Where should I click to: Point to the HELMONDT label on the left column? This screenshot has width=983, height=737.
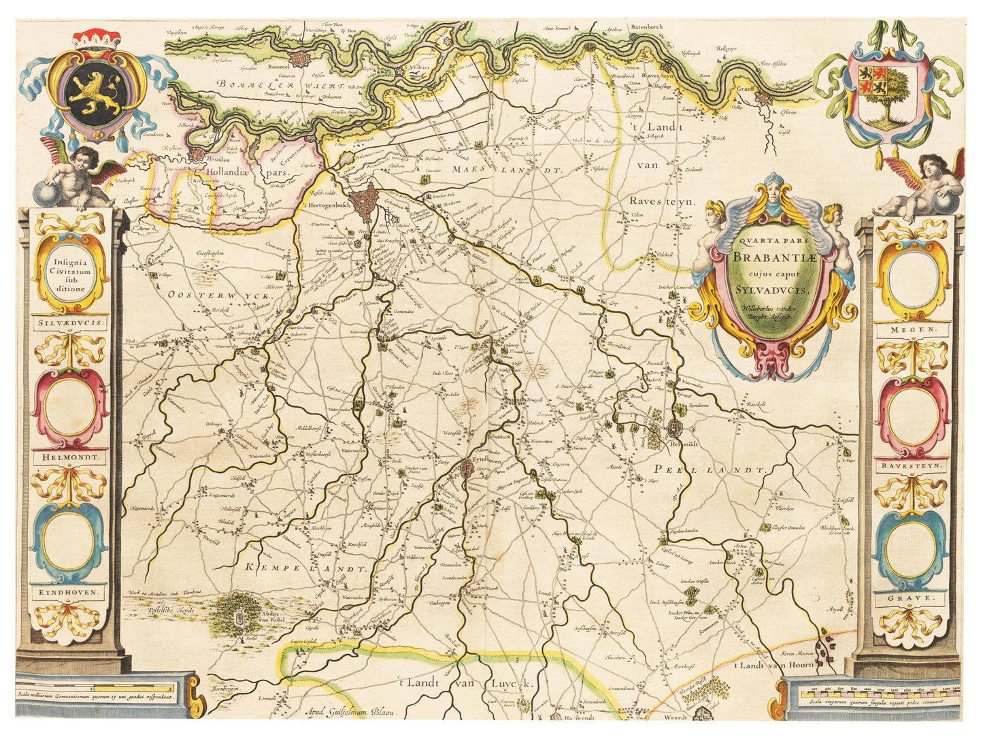coord(70,458)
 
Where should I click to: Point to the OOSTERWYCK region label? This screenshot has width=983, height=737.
coord(208,295)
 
